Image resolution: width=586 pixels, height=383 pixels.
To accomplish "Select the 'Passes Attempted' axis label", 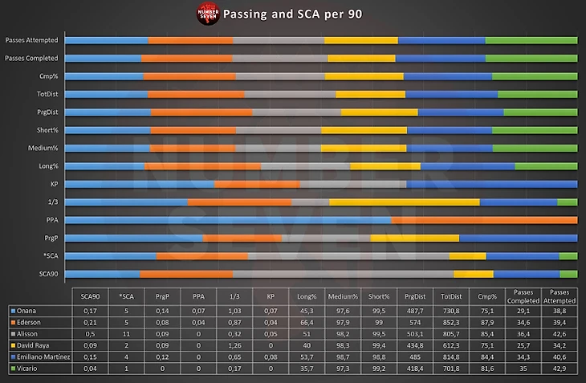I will click(30, 40).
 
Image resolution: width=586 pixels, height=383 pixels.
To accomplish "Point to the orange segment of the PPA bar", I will click(484, 220).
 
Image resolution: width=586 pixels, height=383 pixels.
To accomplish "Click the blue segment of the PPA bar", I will click(228, 220).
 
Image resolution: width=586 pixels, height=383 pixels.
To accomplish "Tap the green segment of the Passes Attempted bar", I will click(531, 40).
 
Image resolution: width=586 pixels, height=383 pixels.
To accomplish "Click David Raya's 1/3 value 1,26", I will click(235, 344).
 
